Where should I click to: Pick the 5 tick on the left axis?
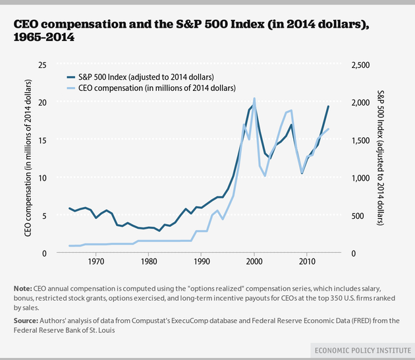pyautogui.click(x=44, y=216)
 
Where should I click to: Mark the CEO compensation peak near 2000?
pyautogui.click(x=254, y=99)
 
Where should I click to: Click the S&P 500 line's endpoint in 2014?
pyautogui.click(x=328, y=106)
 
